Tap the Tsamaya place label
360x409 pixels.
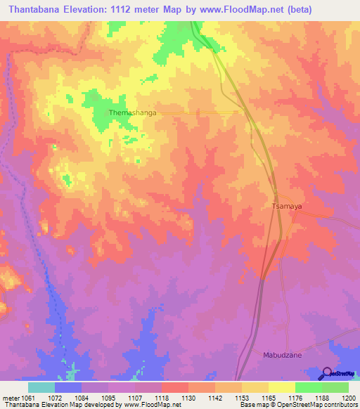(287, 207)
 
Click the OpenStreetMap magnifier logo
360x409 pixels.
(326, 374)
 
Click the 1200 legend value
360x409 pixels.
(349, 398)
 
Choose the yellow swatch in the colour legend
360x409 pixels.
(282, 387)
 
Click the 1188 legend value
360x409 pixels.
(322, 398)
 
